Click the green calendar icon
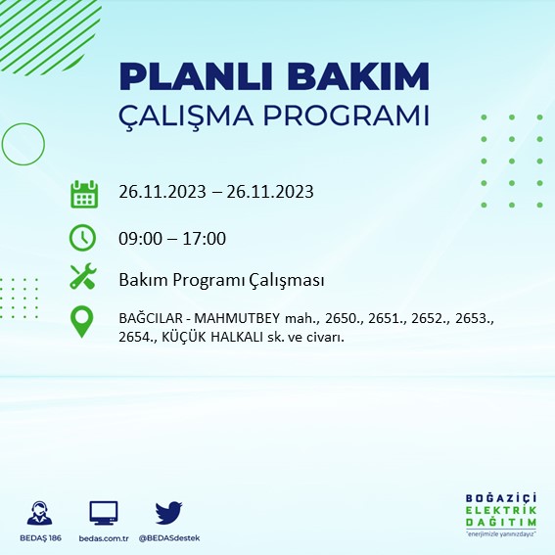[x=83, y=193]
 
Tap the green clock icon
[x=83, y=238]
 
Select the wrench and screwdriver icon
[x=83, y=278]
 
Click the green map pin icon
[x=83, y=322]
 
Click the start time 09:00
[x=140, y=238]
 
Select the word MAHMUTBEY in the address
[x=239, y=319]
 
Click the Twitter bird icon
[x=169, y=512]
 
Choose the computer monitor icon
[x=103, y=512]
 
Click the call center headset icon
[x=40, y=512]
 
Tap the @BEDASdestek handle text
[x=169, y=538]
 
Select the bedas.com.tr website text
[x=103, y=538]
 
